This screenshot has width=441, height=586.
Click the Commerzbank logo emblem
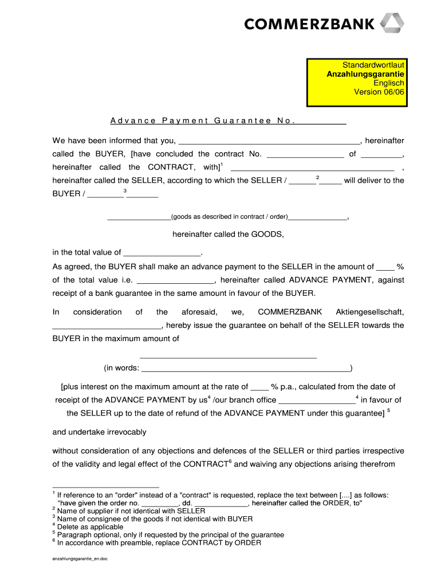(x=393, y=24)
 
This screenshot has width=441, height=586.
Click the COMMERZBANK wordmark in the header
(x=310, y=24)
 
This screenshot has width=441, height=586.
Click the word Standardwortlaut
(x=373, y=65)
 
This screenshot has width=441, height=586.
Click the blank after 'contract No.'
(x=305, y=154)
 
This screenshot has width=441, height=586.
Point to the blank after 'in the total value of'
(x=162, y=252)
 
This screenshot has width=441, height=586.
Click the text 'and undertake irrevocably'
(x=99, y=432)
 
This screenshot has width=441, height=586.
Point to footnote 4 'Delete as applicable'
(x=90, y=527)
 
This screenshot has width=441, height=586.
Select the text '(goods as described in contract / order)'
(x=230, y=217)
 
